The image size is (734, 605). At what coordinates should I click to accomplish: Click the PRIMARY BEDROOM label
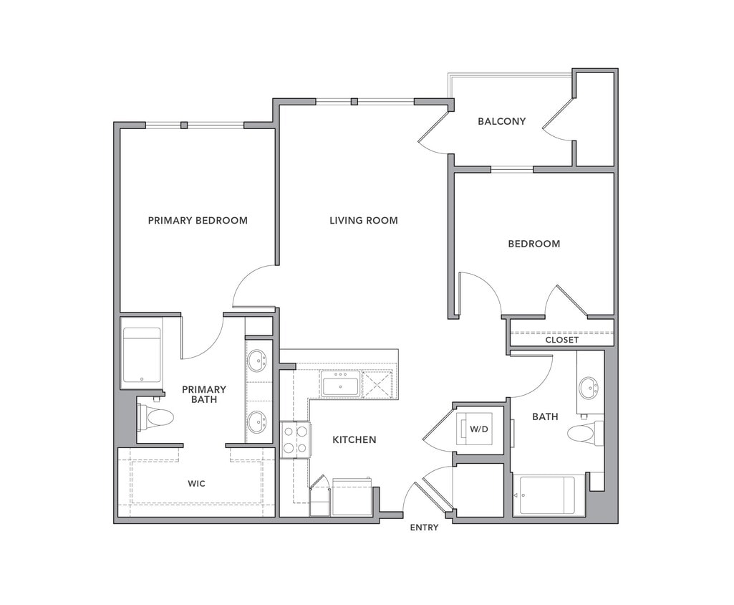point(198,220)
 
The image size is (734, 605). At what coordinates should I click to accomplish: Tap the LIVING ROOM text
point(363,220)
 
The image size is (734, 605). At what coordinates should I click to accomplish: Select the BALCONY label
point(501,121)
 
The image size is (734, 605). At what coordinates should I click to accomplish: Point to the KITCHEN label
point(354,439)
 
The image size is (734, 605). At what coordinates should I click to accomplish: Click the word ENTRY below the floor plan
point(424,528)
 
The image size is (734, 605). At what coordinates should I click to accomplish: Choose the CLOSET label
point(561,340)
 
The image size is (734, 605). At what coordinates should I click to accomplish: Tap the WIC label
point(196,484)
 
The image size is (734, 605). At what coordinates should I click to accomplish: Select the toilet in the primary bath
point(156,417)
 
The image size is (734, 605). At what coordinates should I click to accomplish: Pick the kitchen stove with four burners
point(295,439)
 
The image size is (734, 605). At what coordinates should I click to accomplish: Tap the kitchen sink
point(341,385)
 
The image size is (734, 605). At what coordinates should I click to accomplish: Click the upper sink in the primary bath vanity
point(257,360)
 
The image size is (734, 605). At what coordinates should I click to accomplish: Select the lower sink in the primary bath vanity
point(257,421)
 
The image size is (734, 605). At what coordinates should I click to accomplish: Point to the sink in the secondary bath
point(588,388)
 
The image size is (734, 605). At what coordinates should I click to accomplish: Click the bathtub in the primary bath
point(142,355)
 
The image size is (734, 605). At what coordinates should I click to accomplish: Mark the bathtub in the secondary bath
point(547,495)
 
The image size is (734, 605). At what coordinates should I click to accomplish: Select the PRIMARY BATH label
point(203,394)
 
